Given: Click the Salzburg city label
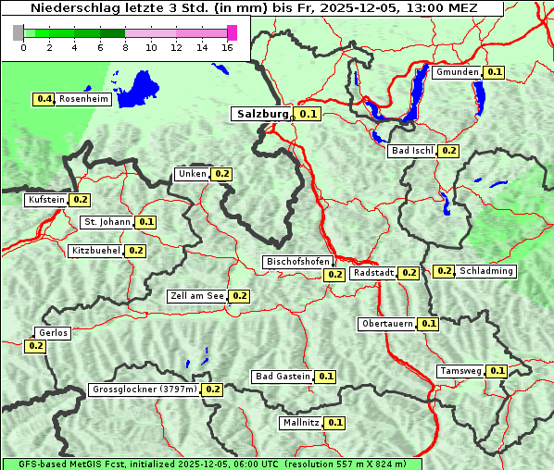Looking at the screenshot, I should [263, 115].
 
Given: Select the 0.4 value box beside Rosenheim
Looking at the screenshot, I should [44, 99].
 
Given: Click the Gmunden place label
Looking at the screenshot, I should [457, 72].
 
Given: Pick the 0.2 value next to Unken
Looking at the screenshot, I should [221, 174].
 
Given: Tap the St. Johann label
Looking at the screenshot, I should [107, 222].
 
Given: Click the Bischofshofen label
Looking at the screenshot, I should [297, 263].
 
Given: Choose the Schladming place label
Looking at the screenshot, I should [486, 271].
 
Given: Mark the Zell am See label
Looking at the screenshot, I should [197, 296].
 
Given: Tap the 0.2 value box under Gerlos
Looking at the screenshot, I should [35, 346].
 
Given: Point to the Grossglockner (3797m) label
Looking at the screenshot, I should [145, 390].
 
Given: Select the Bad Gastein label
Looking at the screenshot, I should [283, 377].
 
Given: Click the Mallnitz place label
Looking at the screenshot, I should [300, 423].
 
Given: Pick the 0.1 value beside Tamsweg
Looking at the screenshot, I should [497, 371].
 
